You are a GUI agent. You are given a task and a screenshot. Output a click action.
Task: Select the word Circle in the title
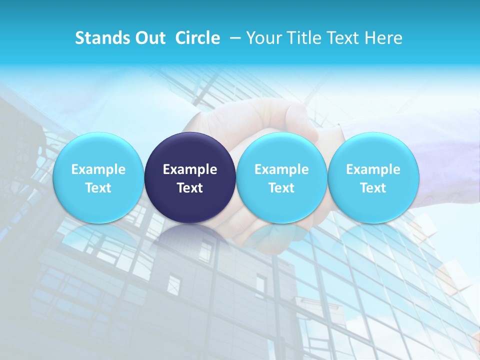tap(197, 38)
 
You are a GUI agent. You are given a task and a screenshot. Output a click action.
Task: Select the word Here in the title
tap(383, 38)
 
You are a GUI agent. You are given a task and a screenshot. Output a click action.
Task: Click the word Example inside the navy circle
tap(190, 169)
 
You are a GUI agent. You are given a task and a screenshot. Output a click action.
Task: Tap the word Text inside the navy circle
tap(190, 188)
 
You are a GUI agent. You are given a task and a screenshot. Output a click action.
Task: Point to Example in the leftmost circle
tap(98, 169)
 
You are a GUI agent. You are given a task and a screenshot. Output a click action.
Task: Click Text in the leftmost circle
tap(98, 188)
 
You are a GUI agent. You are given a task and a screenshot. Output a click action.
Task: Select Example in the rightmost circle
tap(373, 169)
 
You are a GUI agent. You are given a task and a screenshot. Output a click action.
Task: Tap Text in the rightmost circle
tap(373, 188)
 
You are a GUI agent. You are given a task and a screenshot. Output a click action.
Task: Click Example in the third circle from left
tap(281, 169)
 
